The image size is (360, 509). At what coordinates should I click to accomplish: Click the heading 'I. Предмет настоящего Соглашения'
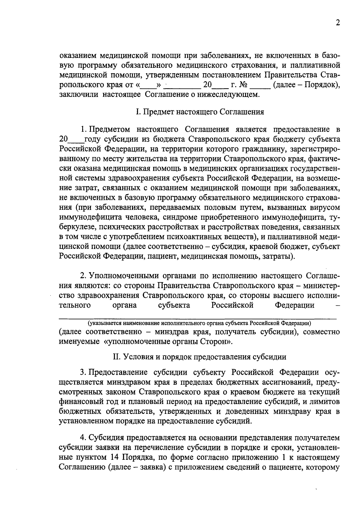(x=200, y=112)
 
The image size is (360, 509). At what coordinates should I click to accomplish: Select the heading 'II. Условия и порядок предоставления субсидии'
(x=199, y=357)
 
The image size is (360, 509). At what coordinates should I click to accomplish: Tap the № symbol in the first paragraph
(x=243, y=85)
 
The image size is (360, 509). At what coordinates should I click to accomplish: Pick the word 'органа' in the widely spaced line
(x=124, y=305)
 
